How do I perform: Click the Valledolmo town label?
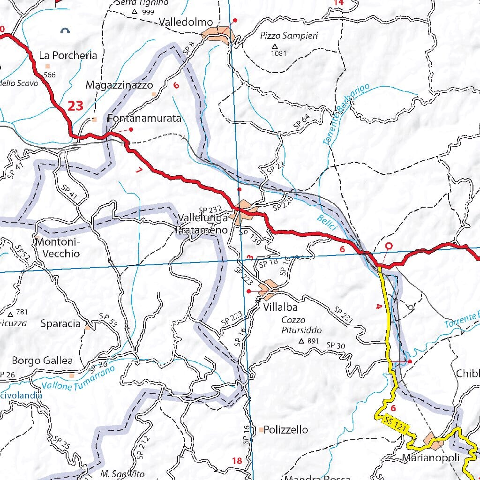186,22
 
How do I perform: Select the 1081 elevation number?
278,53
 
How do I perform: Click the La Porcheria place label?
68,55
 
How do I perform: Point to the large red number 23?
75,106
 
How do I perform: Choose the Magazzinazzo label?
119,85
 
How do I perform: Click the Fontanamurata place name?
144,119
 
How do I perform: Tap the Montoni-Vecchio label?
58,248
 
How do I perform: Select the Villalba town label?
280,308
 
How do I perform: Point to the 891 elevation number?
313,341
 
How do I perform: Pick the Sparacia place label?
60,323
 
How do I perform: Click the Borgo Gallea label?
42,360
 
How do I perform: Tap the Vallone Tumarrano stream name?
78,378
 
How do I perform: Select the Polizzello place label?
285,429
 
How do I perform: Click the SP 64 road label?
302,121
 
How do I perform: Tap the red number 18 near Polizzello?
237,461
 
